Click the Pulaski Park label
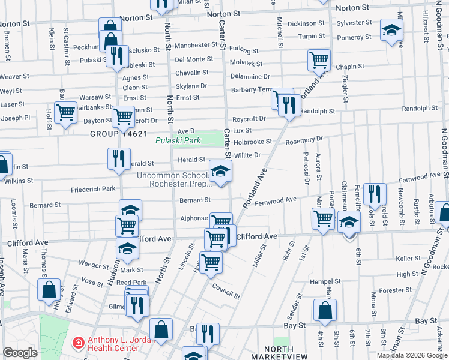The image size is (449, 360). click(178, 141)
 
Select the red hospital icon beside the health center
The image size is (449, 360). click(77, 343)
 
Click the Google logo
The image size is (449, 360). click(20, 352)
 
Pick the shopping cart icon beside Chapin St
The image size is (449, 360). click(319, 60)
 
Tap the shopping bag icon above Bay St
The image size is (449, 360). click(324, 310)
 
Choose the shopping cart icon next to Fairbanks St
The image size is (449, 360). click(66, 112)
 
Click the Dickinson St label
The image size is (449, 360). click(306, 23)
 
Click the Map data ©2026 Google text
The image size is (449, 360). click(406, 355)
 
